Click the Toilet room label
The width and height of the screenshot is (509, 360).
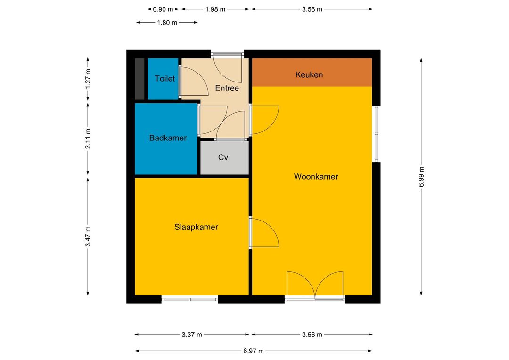164,79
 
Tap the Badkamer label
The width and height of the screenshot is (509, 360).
168,138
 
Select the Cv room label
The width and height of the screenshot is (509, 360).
223,157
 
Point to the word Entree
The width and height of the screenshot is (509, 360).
227,88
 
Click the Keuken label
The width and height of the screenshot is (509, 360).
309,74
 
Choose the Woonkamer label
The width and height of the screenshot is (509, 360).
316,177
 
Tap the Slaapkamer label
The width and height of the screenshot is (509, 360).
196,227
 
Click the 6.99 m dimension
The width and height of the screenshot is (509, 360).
421,177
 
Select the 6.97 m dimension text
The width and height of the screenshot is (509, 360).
254,351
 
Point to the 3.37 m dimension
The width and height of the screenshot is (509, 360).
192,335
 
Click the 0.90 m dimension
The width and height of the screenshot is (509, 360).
163,9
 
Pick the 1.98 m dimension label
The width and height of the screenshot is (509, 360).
215,9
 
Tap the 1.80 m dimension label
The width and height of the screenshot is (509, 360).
167,23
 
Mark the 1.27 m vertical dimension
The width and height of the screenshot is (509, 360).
88,79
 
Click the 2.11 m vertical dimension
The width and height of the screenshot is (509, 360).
88,139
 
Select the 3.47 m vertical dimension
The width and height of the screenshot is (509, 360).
88,237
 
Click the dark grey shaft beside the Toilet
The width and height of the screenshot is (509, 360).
140,79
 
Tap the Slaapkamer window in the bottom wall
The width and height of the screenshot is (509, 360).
189,299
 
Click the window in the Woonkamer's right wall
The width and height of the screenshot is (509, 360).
376,133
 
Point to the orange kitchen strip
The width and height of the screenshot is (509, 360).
312,73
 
